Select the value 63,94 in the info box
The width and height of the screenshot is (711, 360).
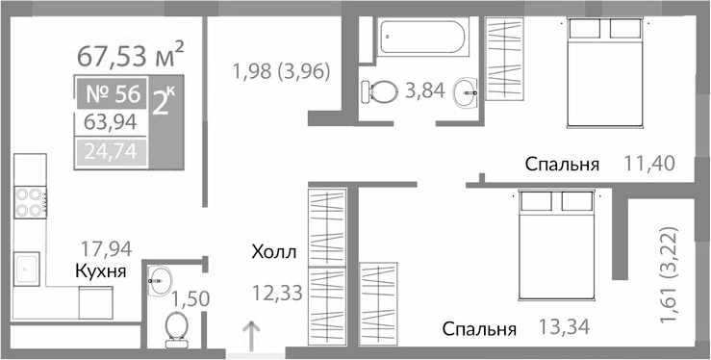(110, 123)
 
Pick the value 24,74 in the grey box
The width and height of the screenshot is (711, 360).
(110, 151)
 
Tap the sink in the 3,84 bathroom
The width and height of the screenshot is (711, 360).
(467, 94)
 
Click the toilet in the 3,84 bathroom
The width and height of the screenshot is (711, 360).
(381, 92)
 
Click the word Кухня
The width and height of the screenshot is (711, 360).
(101, 272)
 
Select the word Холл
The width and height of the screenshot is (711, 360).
(273, 254)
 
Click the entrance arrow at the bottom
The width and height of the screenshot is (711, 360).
(252, 337)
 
